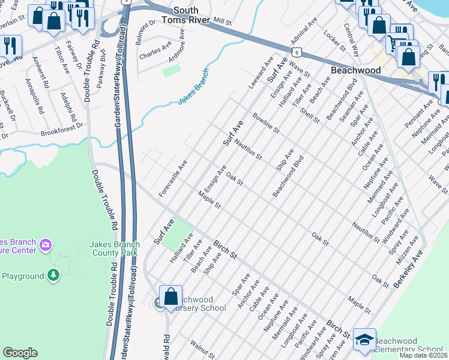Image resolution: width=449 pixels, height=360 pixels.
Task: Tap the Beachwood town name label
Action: (x=356, y=70)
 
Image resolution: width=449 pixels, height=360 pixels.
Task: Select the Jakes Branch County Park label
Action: (x=115, y=248)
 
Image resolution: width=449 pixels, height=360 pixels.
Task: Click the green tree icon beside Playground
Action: (x=54, y=275)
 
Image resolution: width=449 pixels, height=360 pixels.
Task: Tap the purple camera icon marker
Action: (x=45, y=245)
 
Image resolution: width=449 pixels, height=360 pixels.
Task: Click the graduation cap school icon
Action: (x=364, y=340)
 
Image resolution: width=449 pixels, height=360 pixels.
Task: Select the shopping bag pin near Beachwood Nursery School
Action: (x=171, y=295)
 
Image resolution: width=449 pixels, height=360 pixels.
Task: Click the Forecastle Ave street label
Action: (x=173, y=178)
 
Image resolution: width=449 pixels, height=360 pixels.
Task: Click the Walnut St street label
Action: (x=202, y=350)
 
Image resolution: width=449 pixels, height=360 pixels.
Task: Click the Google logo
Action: (x=20, y=353)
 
